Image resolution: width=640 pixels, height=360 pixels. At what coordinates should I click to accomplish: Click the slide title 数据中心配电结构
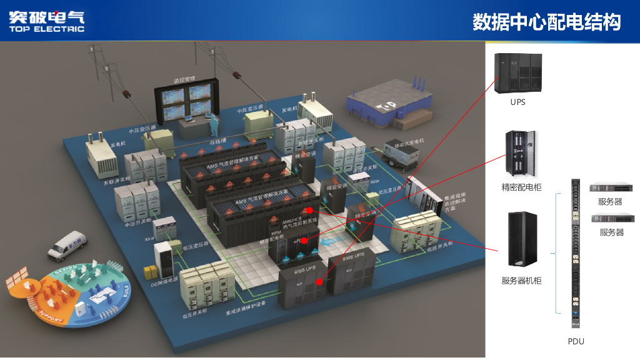click(546, 22)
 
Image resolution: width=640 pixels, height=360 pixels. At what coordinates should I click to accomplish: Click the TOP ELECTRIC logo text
click(46, 29)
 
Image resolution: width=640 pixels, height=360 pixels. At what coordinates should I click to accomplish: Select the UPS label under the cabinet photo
click(517, 102)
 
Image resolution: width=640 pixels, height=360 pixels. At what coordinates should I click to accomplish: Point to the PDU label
click(576, 341)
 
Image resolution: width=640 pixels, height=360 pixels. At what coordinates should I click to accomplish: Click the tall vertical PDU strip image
click(576, 254)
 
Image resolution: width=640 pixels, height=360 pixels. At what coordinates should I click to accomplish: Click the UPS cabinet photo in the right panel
click(518, 72)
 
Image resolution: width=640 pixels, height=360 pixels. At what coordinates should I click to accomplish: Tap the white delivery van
click(66, 246)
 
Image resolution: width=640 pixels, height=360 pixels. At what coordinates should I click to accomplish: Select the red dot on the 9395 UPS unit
click(319, 282)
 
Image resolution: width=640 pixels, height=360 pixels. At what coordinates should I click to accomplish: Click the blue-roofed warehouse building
click(389, 102)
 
